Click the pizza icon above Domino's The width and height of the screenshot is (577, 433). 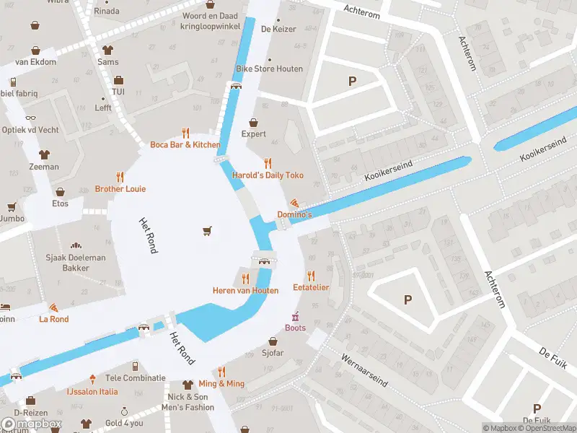295,203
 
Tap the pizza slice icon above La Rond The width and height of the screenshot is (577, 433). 54,307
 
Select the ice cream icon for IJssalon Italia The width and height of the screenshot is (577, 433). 92,379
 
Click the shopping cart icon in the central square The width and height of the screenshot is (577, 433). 208,231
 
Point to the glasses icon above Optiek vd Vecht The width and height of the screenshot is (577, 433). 30,118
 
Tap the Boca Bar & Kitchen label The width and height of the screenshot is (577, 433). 185,144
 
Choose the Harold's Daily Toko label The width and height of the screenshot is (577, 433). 268,175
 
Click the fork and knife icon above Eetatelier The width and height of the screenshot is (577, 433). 311,276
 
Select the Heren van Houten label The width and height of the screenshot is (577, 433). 245,290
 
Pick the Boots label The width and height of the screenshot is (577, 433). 295,328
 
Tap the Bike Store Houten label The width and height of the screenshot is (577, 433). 269,69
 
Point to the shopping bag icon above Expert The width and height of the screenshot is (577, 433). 253,122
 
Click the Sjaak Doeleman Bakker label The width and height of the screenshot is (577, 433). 76,263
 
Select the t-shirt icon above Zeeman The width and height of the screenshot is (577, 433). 45,154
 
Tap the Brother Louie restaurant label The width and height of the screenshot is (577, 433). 120,189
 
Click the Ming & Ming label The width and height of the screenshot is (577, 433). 221,383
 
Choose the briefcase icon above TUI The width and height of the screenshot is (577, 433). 118,80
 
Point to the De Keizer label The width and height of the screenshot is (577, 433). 274,30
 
